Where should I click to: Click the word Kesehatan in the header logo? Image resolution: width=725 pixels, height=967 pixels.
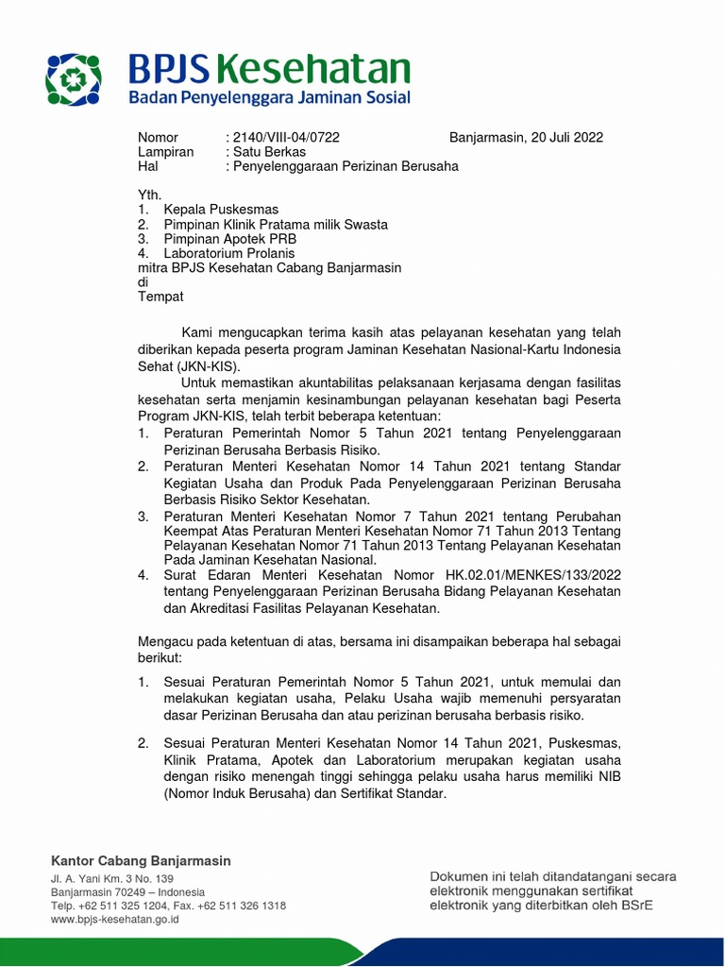[327, 69]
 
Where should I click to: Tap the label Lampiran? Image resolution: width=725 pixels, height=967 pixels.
[165, 152]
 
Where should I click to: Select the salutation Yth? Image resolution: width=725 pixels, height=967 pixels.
[150, 195]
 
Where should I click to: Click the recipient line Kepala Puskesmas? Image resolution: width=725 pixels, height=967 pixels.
[221, 210]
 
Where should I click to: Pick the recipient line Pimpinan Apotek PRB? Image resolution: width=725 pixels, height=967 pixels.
[229, 239]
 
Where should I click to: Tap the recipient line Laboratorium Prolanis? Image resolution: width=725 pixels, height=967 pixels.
[229, 253]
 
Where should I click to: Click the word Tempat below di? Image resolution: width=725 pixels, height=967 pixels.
[160, 297]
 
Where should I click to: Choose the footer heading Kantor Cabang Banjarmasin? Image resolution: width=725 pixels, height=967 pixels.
[141, 861]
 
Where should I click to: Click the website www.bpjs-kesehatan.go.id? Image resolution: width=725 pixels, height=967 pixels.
[115, 919]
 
